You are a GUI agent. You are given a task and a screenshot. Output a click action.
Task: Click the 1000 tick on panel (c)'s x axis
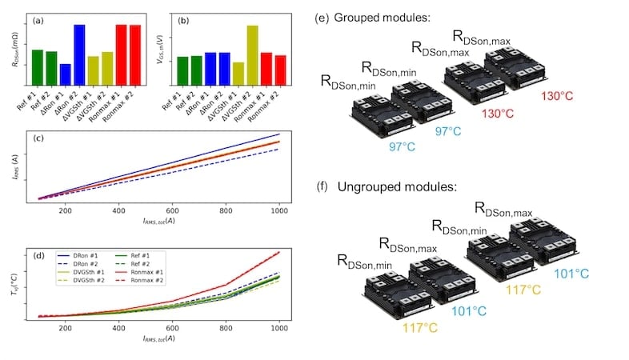point(278,210)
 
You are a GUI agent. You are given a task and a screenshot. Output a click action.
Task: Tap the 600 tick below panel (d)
point(173,328)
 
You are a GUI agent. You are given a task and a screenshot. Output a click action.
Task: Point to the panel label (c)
point(38,139)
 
